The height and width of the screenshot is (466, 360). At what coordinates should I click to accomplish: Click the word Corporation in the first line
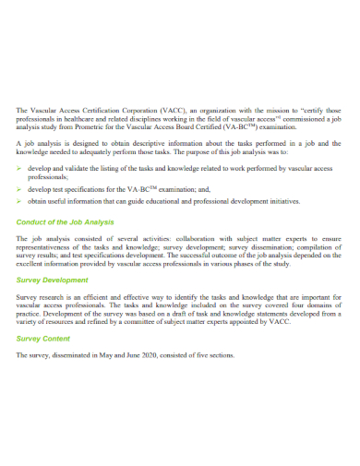(x=131, y=110)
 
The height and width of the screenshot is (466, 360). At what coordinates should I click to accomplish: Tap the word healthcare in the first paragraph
(x=85, y=119)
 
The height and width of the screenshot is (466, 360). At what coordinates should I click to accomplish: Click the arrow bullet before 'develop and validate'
(x=20, y=171)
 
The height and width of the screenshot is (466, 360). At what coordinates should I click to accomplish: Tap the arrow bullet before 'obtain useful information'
(x=20, y=199)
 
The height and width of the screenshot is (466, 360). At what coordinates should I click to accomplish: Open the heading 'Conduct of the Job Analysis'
(x=66, y=221)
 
